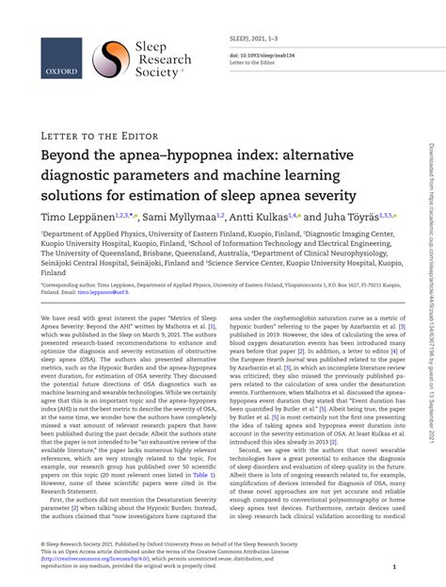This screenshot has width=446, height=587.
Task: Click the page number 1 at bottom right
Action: pos(394,567)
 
